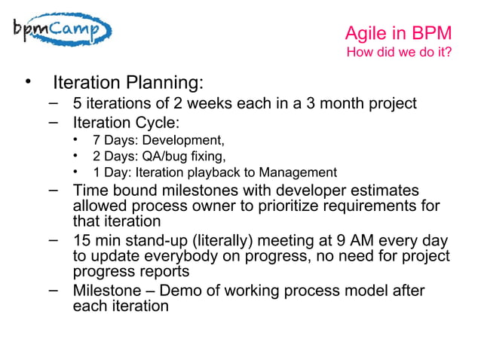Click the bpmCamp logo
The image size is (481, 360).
[x=62, y=29]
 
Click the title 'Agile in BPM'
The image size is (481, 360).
[x=398, y=34]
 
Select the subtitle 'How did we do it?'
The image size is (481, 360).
[x=398, y=53]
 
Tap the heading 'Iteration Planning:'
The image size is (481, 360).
[x=127, y=81]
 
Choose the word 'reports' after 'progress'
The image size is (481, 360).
[x=162, y=272]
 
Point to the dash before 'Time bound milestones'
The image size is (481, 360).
[x=54, y=189]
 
